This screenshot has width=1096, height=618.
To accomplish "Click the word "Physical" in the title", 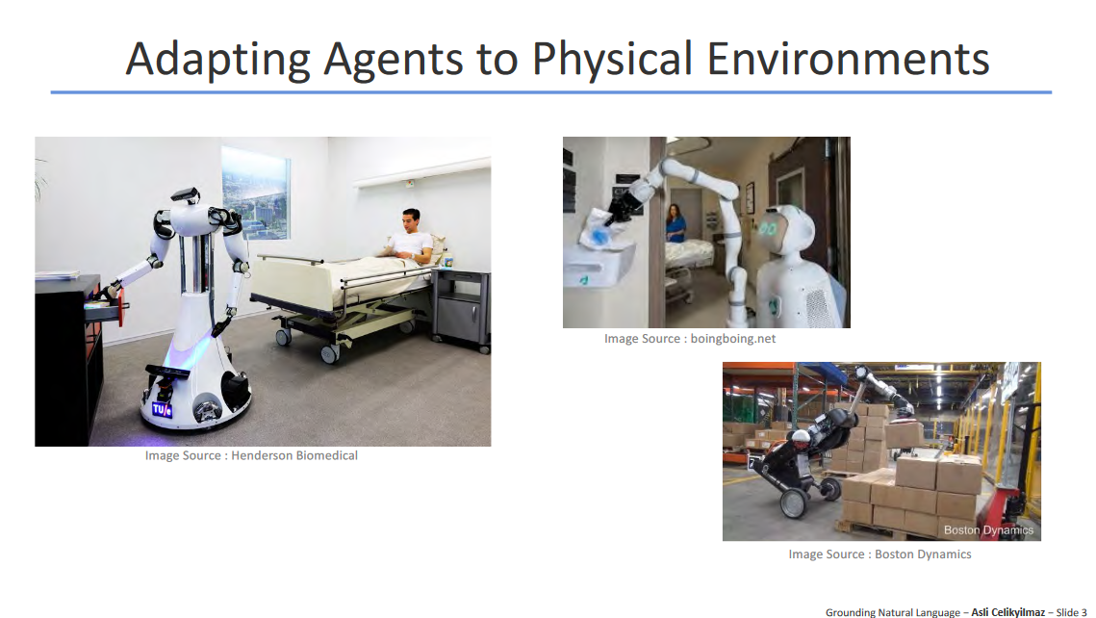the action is coord(612,59).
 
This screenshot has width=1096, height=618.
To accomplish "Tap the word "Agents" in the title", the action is coord(394,59).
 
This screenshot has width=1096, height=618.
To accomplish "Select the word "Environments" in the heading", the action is coord(848,58).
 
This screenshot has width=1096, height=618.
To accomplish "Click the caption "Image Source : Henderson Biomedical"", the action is coord(251,455).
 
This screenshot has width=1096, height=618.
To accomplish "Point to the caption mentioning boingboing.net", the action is coord(690,339).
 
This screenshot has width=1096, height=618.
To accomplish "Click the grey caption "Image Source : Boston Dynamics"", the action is coord(880,554).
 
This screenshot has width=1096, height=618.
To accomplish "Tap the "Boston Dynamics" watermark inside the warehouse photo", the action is coord(988,529).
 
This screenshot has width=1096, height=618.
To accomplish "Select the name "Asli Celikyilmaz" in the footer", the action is coord(1007,612).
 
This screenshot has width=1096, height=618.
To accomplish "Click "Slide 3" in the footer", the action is coord(1072,612).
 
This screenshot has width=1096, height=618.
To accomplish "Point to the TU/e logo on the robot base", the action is coord(163,410).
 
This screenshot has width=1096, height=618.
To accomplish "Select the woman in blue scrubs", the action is coord(675,223).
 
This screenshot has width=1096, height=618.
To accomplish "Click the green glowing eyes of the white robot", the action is coord(769,228).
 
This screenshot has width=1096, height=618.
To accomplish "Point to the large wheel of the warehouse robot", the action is coord(796,504).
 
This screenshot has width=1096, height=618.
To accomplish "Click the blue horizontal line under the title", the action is coord(550,92).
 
